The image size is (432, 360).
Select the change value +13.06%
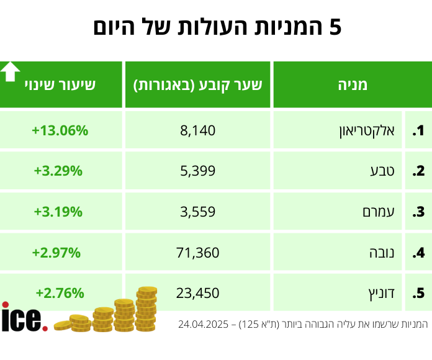60,131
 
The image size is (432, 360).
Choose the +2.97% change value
58,252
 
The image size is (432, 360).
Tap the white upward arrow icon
10,72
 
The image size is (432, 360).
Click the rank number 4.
419,253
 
